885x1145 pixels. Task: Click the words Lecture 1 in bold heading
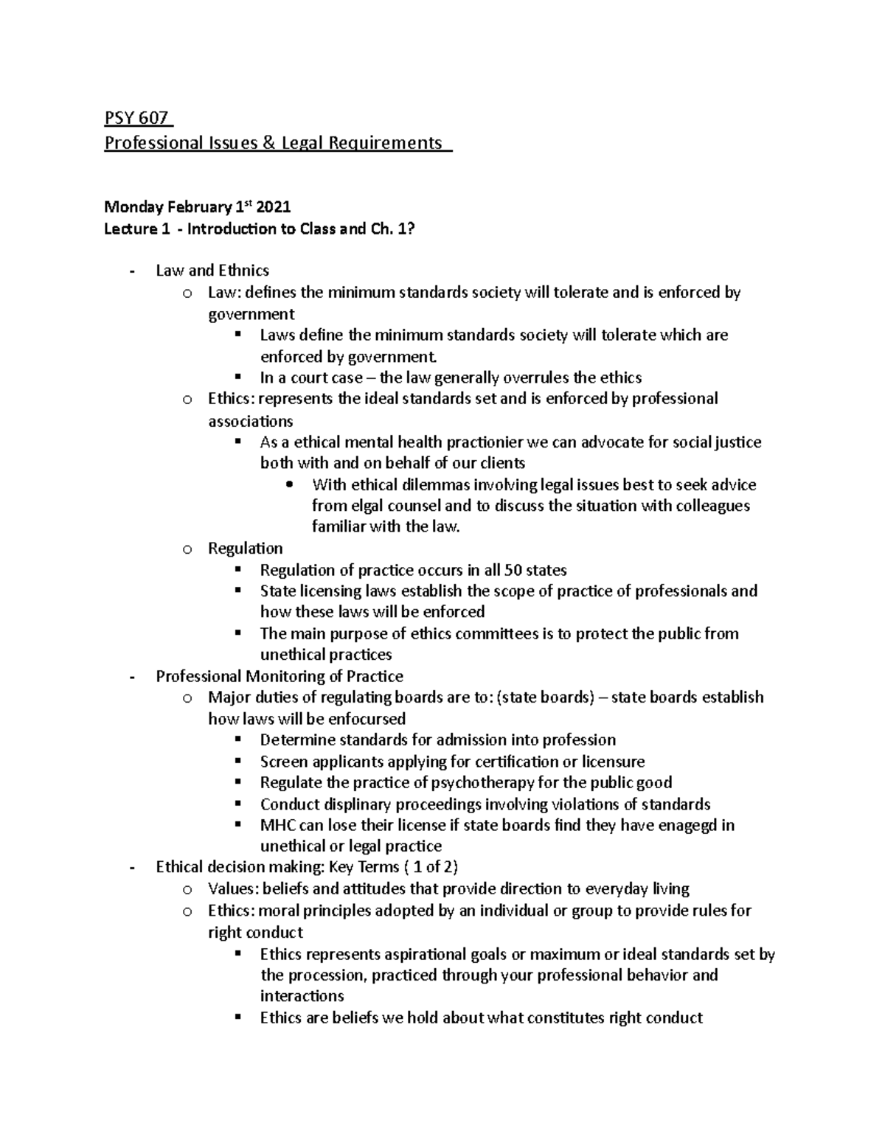(x=131, y=229)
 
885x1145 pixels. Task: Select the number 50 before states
(x=513, y=570)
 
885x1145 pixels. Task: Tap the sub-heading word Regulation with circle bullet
(x=245, y=549)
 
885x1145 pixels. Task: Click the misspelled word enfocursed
(x=367, y=719)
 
